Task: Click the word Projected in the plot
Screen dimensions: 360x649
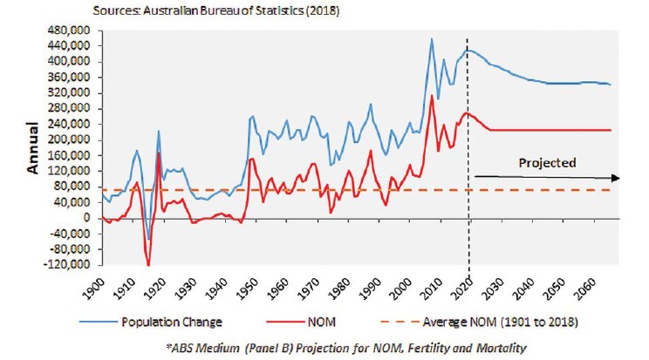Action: pyautogui.click(x=548, y=162)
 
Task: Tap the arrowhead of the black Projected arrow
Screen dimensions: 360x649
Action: pyautogui.click(x=617, y=178)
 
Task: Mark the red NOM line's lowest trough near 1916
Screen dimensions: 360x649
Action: pyautogui.click(x=148, y=265)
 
